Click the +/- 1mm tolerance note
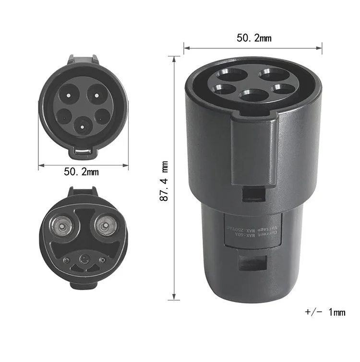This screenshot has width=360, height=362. tap(325, 313)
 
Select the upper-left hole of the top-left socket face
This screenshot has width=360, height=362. tap(69, 93)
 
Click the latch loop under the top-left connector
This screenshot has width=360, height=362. tap(84, 152)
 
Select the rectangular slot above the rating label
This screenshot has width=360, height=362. tap(253, 193)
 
